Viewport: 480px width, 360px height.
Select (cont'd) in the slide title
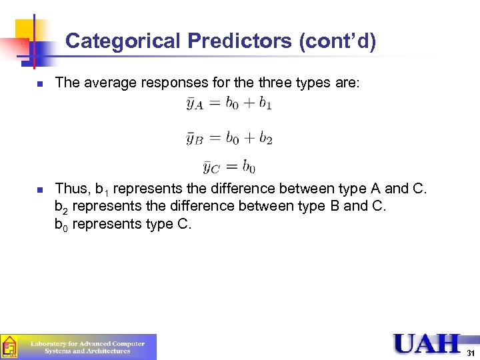(338, 41)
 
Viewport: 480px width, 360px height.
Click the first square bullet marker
(40, 84)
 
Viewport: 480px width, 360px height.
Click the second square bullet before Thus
(40, 190)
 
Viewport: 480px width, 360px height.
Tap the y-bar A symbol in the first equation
(195, 105)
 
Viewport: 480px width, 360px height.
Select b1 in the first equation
(265, 103)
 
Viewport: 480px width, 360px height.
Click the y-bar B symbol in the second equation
(195, 139)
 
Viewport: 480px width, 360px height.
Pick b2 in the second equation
(265, 138)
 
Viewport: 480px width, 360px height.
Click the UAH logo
(427, 343)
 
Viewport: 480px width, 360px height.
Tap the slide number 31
(471, 353)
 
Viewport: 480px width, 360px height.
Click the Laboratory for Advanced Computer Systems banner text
(88, 347)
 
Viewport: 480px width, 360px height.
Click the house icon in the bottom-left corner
(9, 347)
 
